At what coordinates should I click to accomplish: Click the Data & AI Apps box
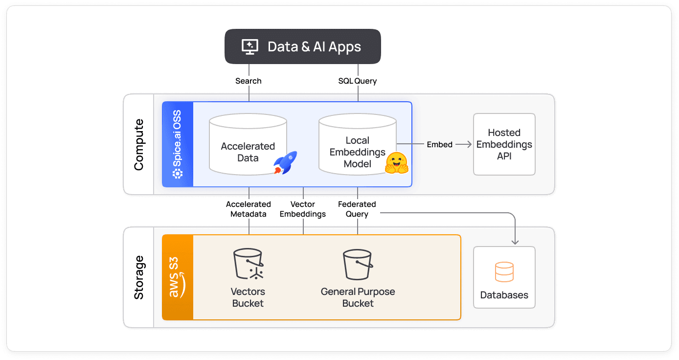tap(302, 46)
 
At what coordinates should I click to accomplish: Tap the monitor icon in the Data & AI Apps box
tap(249, 46)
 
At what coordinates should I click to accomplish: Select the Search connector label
tap(249, 81)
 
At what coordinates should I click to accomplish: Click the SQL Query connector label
tap(358, 81)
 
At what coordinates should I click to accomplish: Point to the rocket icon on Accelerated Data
tap(285, 162)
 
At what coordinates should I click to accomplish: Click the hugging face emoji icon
tap(396, 163)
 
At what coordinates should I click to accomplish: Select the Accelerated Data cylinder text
tap(248, 152)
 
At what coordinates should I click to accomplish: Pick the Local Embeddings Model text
tap(357, 152)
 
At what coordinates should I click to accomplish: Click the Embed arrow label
tap(439, 144)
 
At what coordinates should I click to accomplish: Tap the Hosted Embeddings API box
tap(504, 144)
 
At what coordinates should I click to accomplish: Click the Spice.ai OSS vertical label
tap(178, 144)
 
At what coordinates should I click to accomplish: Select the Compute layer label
tap(139, 144)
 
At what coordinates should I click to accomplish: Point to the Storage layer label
tap(139, 277)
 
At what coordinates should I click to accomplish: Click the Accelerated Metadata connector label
tap(249, 209)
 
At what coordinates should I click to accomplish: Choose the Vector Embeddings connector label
tap(303, 209)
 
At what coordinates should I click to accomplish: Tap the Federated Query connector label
tap(357, 209)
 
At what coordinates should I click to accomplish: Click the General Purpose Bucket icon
tap(358, 264)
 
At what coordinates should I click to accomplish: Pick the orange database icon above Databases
tap(504, 272)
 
